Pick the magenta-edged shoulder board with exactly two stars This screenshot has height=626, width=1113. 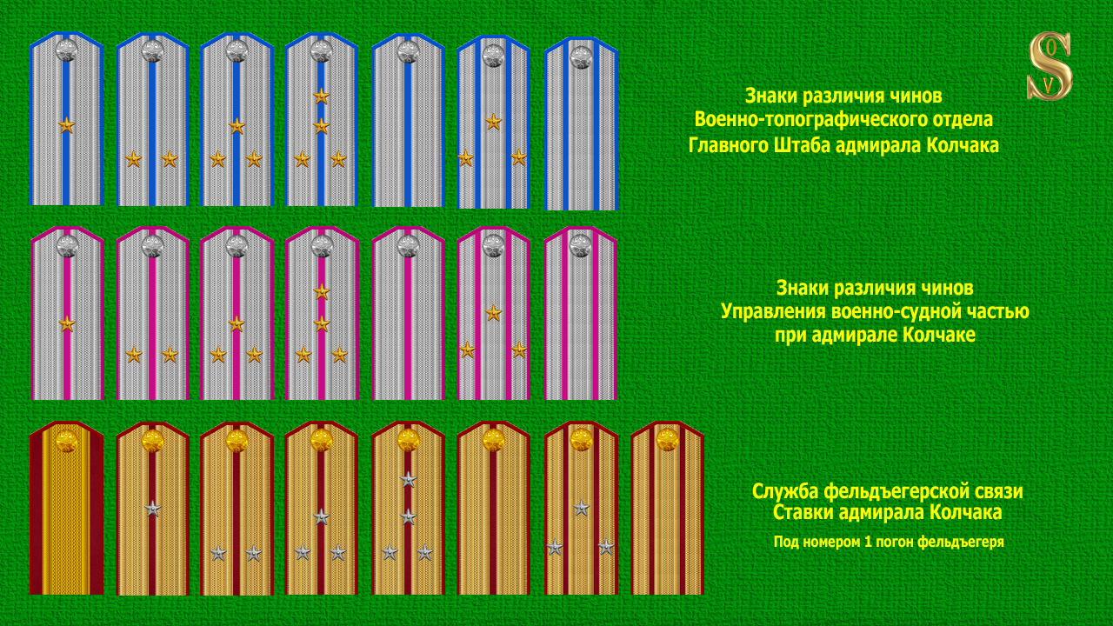click(151, 313)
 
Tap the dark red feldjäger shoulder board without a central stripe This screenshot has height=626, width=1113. click(66, 509)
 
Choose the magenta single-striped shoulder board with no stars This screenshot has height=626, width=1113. click(408, 313)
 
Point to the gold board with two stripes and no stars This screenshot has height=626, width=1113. click(667, 509)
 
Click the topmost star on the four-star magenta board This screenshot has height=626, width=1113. click(322, 291)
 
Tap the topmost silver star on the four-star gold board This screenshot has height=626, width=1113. click(408, 479)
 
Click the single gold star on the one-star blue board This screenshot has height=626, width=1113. click(66, 125)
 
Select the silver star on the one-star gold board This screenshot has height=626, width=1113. click(153, 509)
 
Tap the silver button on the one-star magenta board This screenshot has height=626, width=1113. click(67, 246)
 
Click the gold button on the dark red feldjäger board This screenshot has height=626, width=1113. click(66, 441)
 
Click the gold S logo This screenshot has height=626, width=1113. click(1050, 66)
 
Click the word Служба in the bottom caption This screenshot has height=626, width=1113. click(787, 491)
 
